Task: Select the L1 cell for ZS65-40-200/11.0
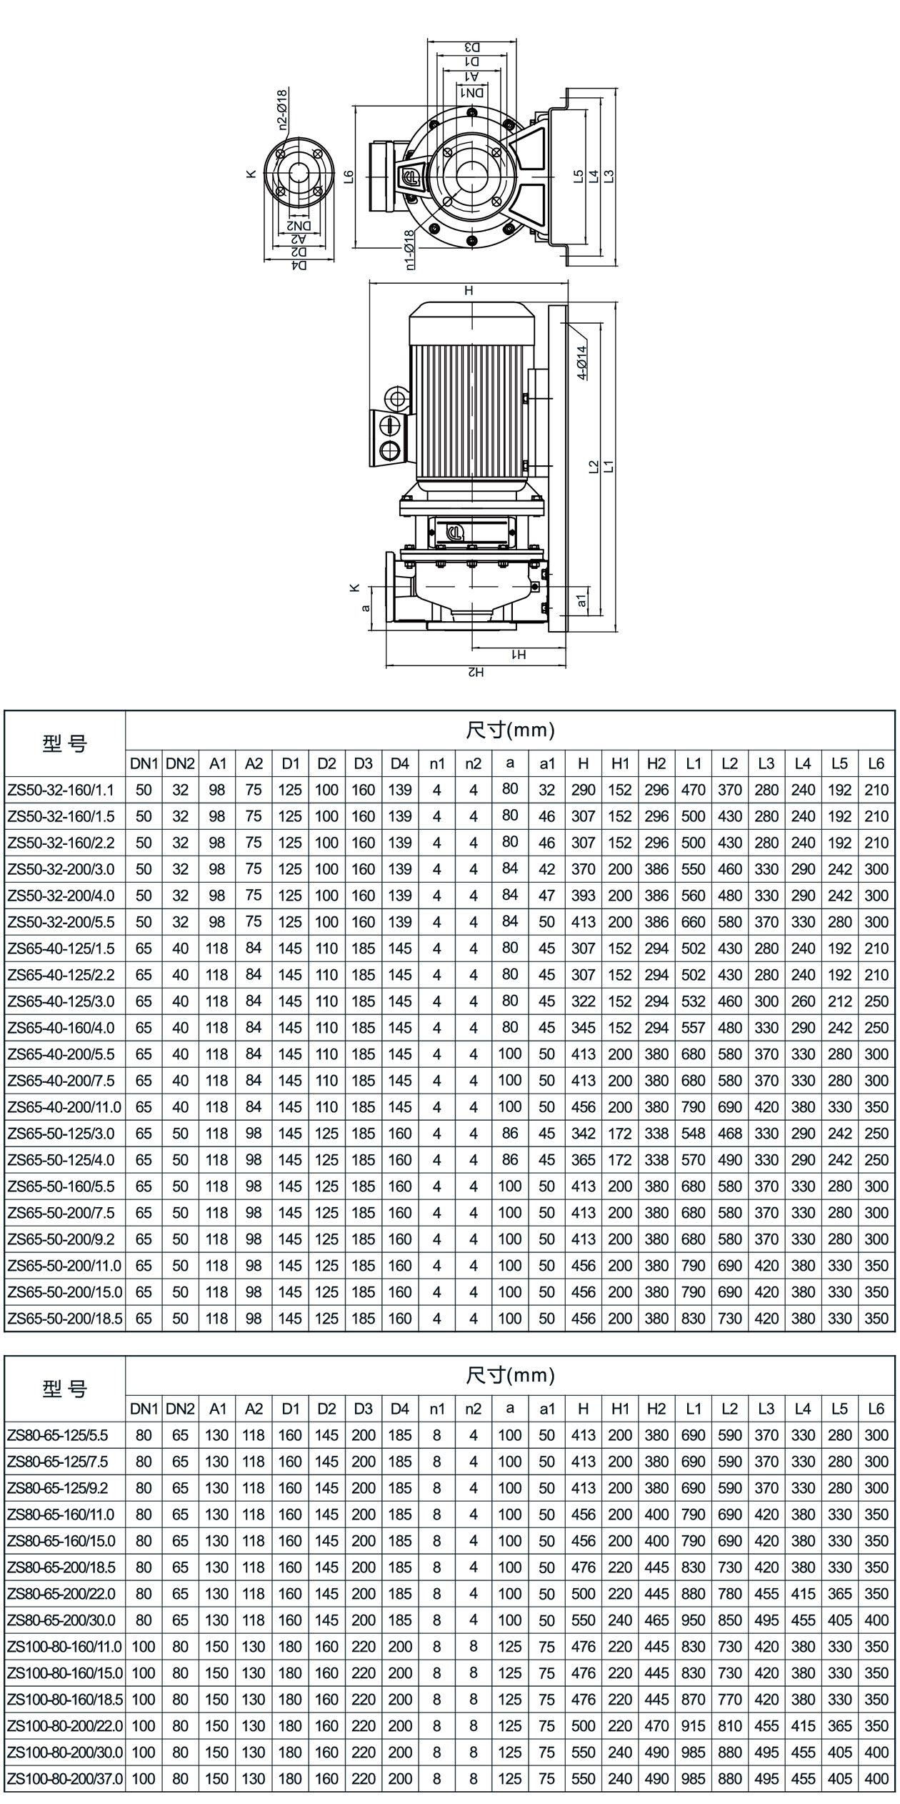693,1107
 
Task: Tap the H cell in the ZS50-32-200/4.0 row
583,896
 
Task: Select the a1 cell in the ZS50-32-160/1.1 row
546,790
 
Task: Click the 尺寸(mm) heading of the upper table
510,730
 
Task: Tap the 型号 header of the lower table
64,1388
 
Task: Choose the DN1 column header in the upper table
144,763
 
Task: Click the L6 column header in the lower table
876,1409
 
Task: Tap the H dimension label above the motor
469,291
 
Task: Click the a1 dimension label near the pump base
582,600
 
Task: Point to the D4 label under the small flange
300,265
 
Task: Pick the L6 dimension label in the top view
349,176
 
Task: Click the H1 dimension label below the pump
519,655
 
